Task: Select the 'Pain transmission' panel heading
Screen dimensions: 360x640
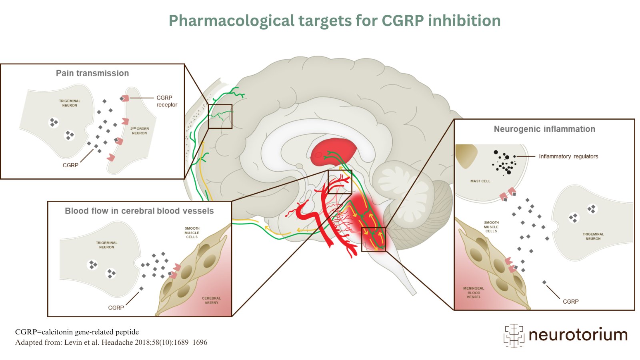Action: pyautogui.click(x=92, y=73)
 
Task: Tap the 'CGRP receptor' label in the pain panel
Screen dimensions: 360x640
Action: pyautogui.click(x=166, y=101)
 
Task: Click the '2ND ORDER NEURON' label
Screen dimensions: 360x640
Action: pyautogui.click(x=139, y=131)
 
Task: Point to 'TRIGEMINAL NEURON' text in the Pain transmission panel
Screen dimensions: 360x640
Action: pyautogui.click(x=70, y=103)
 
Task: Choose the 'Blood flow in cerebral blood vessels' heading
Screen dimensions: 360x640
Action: pyautogui.click(x=139, y=211)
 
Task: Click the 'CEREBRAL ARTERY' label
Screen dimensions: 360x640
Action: pyautogui.click(x=211, y=300)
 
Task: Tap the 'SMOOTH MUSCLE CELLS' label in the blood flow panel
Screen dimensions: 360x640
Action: pyautogui.click(x=192, y=232)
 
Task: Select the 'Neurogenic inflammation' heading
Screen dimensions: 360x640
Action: pyautogui.click(x=544, y=129)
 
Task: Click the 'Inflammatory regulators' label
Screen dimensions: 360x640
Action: pyautogui.click(x=568, y=156)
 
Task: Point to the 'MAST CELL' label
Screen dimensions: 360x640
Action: pyautogui.click(x=480, y=181)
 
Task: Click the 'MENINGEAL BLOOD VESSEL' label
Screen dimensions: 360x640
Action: pyautogui.click(x=474, y=292)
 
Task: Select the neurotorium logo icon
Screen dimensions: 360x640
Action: pyautogui.click(x=514, y=335)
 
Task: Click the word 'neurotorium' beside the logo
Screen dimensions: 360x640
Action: pyautogui.click(x=578, y=335)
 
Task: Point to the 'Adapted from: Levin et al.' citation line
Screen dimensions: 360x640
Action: pyautogui.click(x=111, y=342)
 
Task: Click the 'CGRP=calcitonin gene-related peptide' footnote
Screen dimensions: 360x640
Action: pyautogui.click(x=77, y=332)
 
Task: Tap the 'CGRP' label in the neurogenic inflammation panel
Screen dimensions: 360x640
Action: pyautogui.click(x=570, y=302)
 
